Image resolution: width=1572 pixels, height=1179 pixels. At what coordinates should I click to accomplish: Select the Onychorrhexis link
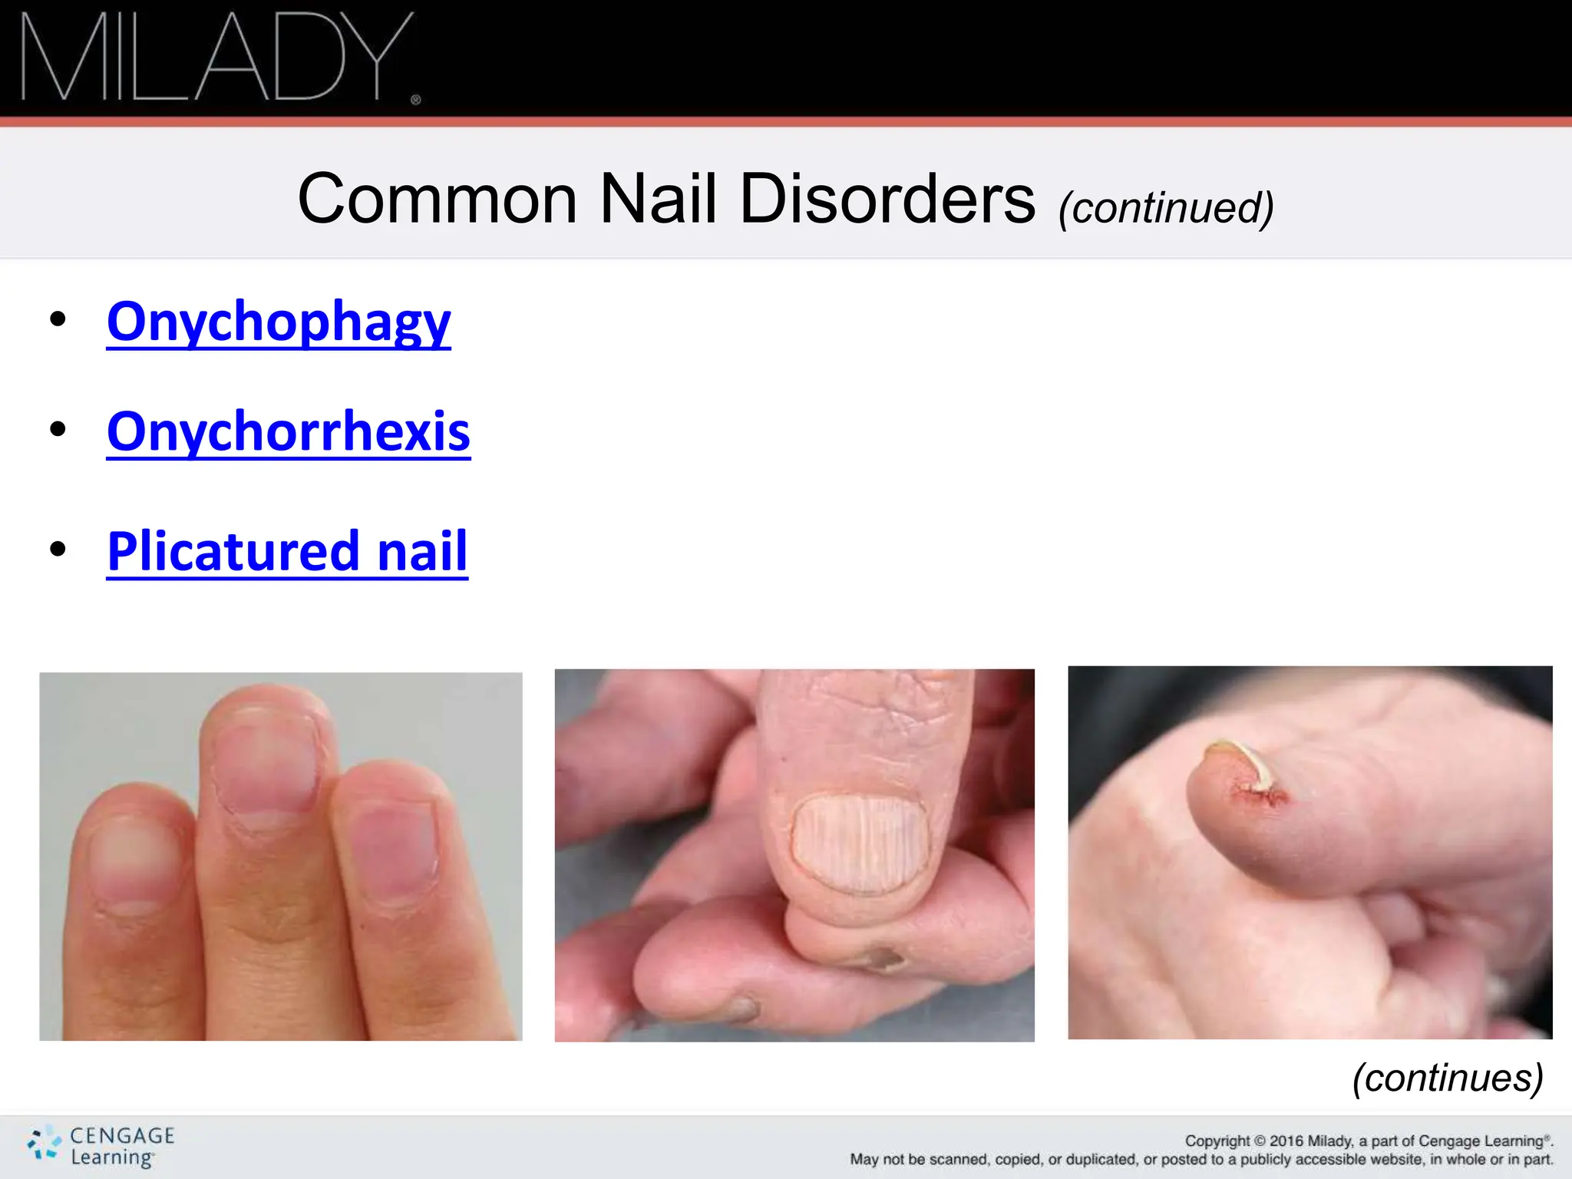[x=289, y=431]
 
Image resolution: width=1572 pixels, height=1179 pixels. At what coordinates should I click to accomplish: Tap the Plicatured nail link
[x=287, y=551]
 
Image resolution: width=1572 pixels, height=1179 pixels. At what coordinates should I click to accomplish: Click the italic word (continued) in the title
[x=1165, y=207]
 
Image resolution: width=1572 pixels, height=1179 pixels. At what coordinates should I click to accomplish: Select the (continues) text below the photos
[x=1447, y=1078]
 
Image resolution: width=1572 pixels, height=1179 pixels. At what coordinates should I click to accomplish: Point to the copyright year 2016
[x=1286, y=1141]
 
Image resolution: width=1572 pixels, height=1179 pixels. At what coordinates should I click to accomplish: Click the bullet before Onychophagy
[x=58, y=319]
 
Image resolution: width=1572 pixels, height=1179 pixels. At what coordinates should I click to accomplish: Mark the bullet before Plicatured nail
[x=58, y=550]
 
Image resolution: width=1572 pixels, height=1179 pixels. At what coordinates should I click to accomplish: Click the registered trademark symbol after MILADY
[x=416, y=100]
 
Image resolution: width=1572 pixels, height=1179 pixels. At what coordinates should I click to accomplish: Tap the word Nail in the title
[x=658, y=200]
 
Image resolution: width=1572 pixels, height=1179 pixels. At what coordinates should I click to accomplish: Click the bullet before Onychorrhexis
[x=58, y=430]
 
